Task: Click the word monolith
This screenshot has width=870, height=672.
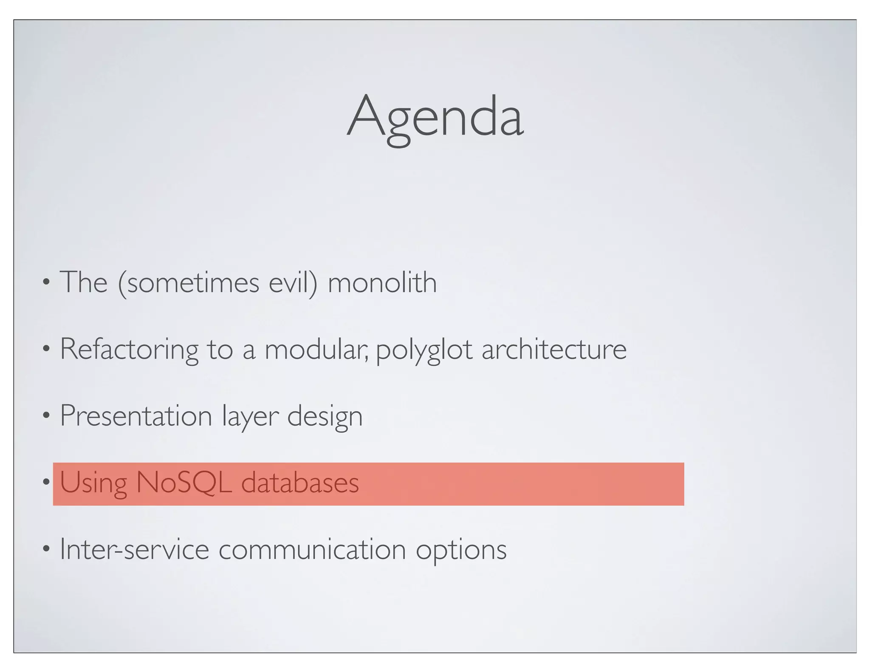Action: (x=382, y=282)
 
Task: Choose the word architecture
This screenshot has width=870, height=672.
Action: (x=554, y=349)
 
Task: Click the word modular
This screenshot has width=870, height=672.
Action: (x=316, y=349)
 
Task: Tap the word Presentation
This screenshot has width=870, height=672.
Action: (x=136, y=416)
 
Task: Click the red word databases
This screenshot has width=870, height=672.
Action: (x=300, y=483)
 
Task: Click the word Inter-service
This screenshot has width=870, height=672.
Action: (x=134, y=549)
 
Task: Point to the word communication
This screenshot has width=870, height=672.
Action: (x=312, y=549)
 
